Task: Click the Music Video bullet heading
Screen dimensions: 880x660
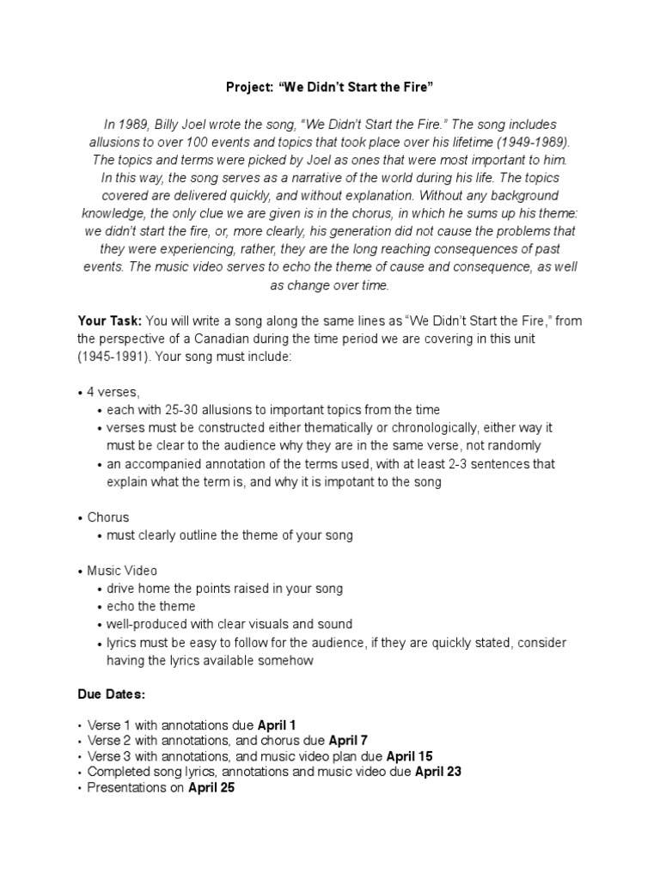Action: (122, 571)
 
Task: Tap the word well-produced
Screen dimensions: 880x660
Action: (145, 625)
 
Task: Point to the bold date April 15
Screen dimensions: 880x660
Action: (410, 756)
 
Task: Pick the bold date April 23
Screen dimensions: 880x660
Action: (438, 772)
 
